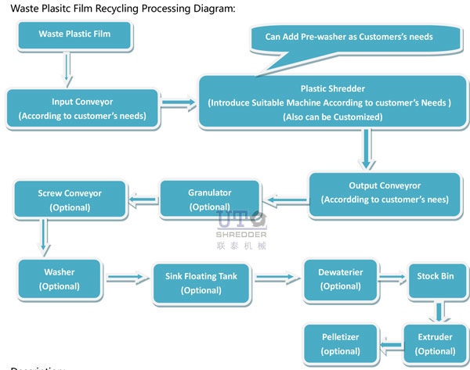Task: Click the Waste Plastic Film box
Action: coord(74,34)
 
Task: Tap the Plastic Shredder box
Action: coord(333,102)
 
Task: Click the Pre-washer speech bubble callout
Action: coord(349,37)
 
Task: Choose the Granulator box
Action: coord(209,199)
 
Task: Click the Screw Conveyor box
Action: coord(70,199)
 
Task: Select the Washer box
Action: coord(59,278)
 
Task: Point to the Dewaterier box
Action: coord(340,279)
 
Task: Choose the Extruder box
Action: coord(437,343)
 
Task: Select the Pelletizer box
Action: coord(340,343)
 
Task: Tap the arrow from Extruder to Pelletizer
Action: coord(390,344)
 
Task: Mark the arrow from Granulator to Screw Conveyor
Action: coord(143,200)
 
